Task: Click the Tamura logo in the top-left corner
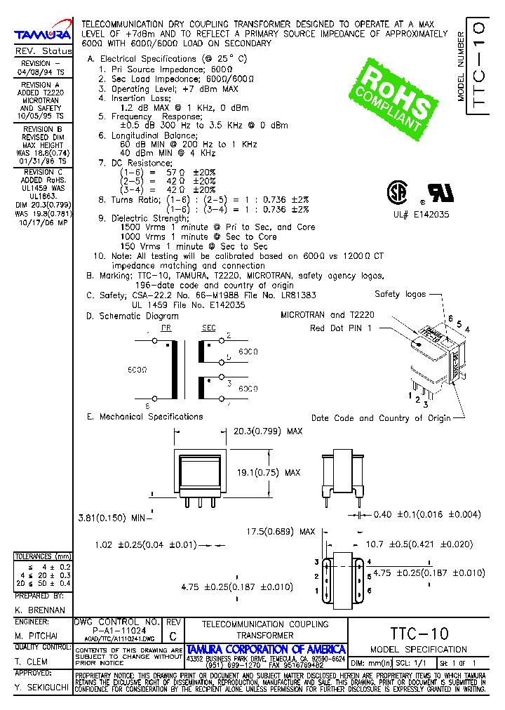click(43, 34)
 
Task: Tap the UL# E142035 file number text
click(421, 215)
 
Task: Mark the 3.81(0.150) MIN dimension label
click(112, 518)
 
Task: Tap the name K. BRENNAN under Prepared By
click(39, 610)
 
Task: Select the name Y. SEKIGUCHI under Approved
click(41, 689)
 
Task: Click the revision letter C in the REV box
click(173, 635)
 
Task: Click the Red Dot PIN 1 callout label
click(342, 328)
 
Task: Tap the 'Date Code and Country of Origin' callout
click(381, 418)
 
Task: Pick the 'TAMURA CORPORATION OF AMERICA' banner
click(266, 650)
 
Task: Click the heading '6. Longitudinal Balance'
click(147, 135)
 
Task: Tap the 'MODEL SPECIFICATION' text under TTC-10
click(418, 650)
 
